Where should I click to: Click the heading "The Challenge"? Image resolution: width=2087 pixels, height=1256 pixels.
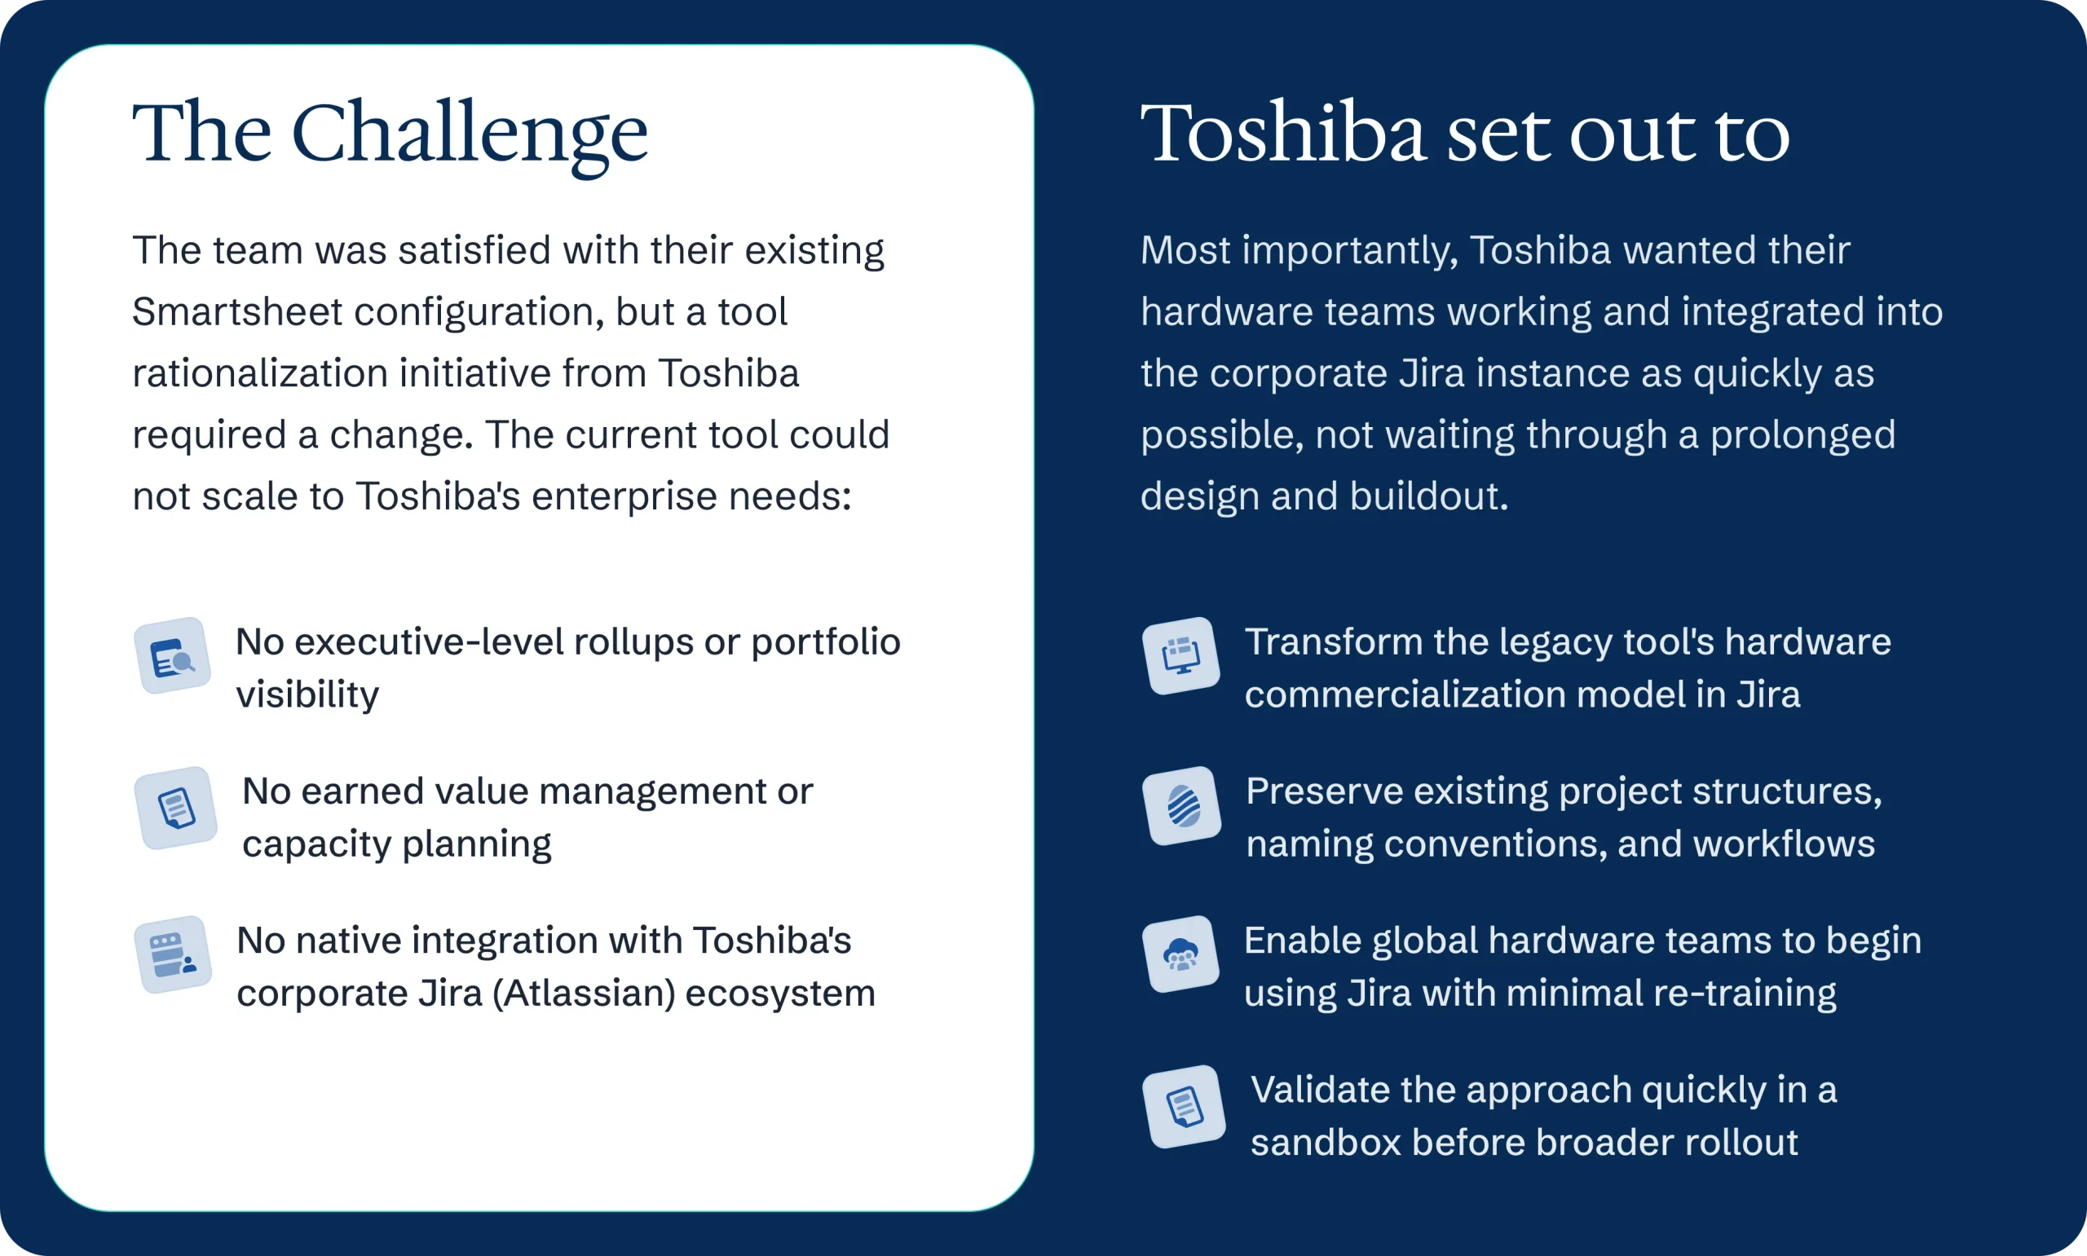(390, 134)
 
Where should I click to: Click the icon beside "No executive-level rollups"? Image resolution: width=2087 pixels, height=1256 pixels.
(173, 655)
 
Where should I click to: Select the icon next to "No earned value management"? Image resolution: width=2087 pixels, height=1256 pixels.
(176, 808)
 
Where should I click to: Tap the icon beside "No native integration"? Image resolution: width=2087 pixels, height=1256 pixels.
(173, 954)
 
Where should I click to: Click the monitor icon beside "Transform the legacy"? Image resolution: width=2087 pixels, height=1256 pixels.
(1180, 656)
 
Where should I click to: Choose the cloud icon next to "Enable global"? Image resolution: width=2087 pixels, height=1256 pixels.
(1180, 954)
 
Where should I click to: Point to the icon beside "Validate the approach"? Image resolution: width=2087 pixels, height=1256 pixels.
(1184, 1106)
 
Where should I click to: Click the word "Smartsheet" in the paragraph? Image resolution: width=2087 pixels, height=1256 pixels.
(238, 312)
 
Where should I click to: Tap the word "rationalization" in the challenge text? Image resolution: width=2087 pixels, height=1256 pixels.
(260, 373)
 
